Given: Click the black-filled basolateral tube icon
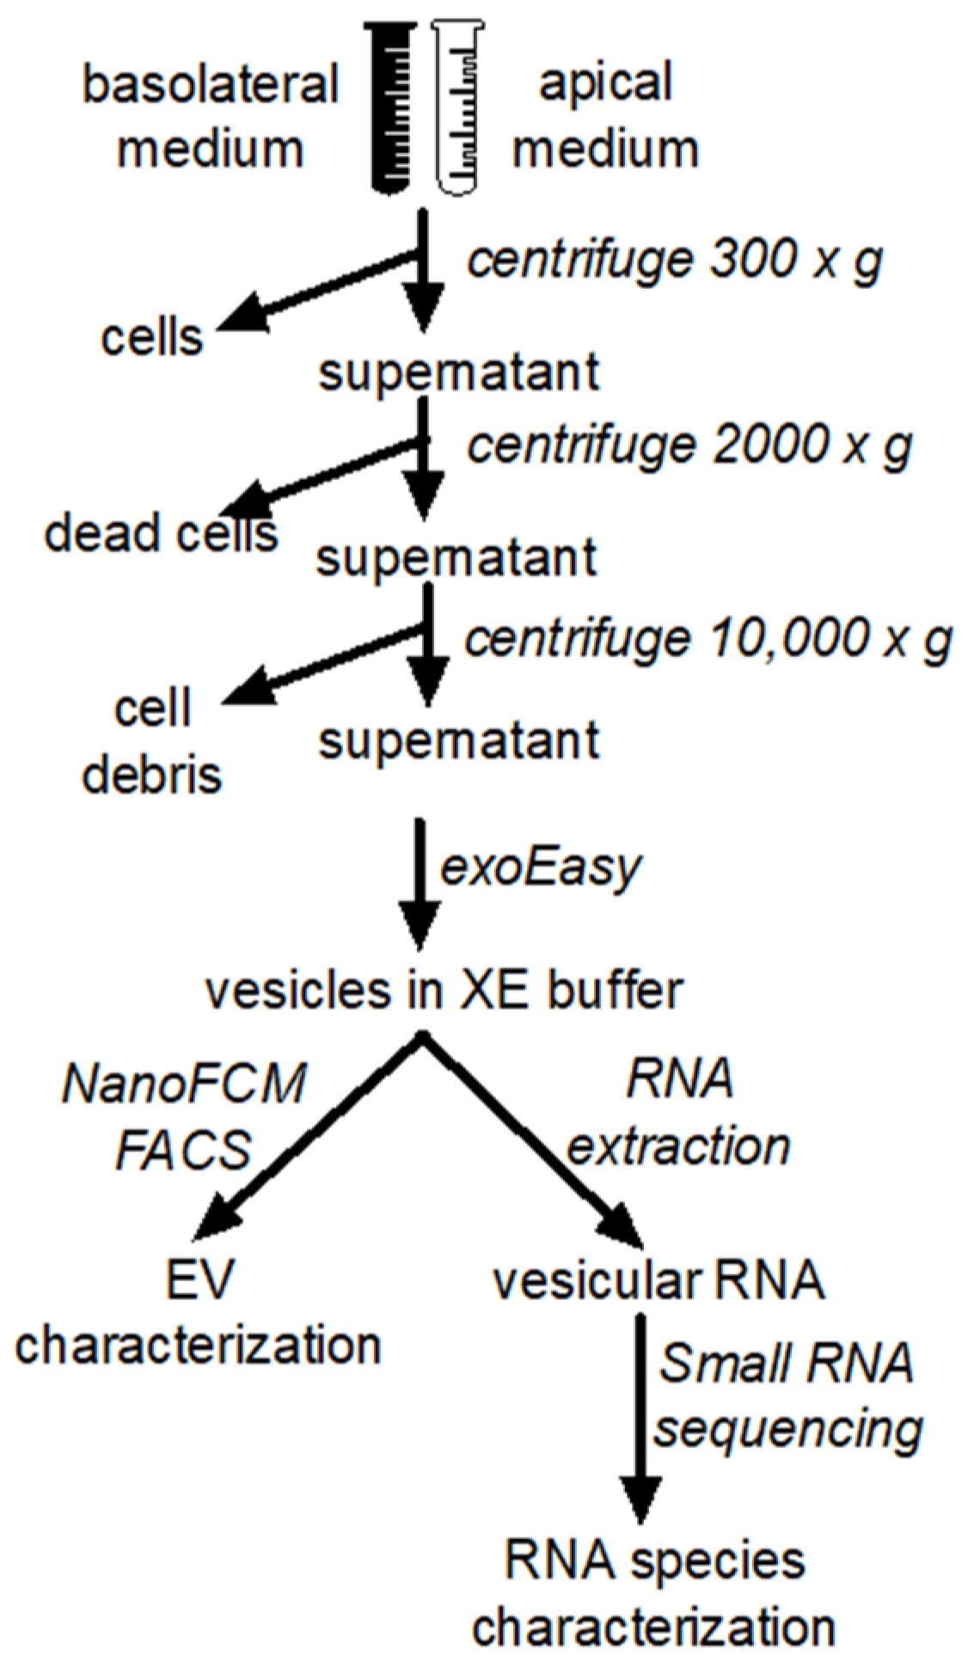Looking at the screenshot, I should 390,107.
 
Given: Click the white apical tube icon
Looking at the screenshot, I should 456,107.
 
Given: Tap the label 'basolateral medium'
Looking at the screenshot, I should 211,116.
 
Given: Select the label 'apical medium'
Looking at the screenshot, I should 605,116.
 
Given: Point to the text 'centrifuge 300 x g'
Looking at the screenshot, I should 675,260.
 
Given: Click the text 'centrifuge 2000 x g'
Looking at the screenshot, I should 689,445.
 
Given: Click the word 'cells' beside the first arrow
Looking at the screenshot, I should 152,337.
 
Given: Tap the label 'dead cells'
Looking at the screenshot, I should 161,533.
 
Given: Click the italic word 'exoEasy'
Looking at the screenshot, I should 540,868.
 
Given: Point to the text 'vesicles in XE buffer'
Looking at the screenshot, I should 444,991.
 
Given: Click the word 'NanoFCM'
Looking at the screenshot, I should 184,1083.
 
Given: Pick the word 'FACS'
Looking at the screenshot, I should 183,1150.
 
